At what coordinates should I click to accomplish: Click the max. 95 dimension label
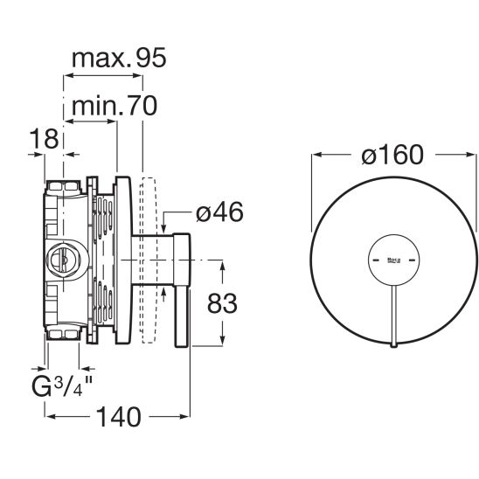click(x=119, y=58)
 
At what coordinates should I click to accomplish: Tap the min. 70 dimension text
click(x=115, y=106)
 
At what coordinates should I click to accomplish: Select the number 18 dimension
click(x=44, y=139)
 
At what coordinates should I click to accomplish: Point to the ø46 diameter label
click(x=219, y=212)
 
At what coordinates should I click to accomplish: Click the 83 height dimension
click(x=222, y=303)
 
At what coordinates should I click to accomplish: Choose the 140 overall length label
click(x=119, y=417)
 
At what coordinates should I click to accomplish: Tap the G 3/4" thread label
click(x=62, y=386)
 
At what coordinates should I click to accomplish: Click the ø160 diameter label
click(x=392, y=155)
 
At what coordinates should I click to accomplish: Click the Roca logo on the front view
click(x=393, y=260)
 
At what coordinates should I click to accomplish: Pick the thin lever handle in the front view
click(x=393, y=316)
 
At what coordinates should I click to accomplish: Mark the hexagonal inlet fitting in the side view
click(x=63, y=260)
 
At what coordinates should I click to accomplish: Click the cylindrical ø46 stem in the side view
click(x=152, y=260)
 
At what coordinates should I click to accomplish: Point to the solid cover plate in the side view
click(x=123, y=260)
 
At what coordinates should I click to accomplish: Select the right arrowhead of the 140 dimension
click(x=185, y=416)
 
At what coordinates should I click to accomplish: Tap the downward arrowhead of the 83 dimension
click(x=222, y=340)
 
